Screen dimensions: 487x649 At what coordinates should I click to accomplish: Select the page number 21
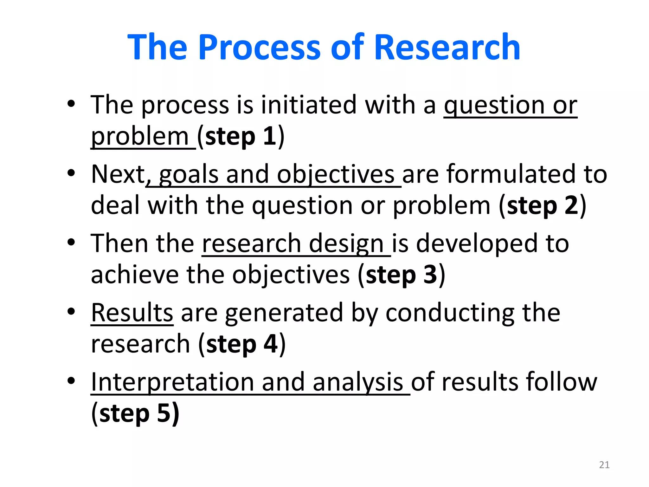click(x=604, y=465)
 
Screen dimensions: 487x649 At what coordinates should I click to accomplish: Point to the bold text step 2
click(x=543, y=206)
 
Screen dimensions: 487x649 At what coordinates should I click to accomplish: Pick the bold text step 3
click(x=402, y=275)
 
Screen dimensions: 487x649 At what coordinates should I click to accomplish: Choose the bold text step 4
click(x=242, y=344)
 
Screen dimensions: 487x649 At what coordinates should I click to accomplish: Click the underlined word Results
click(x=132, y=313)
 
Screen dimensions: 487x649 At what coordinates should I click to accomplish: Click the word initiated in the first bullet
click(x=309, y=105)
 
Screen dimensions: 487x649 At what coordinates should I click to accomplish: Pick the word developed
click(x=477, y=243)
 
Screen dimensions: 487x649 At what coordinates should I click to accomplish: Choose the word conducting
click(x=450, y=313)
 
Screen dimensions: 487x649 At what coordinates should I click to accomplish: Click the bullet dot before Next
click(x=71, y=173)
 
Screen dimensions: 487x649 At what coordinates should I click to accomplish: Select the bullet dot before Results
click(x=71, y=312)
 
